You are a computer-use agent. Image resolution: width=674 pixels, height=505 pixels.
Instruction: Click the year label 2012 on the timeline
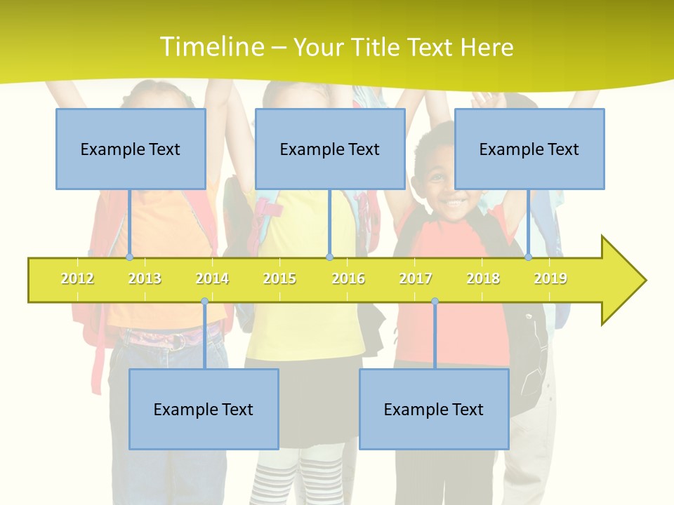tap(77, 278)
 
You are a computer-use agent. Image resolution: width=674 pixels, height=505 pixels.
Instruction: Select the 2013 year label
tap(145, 278)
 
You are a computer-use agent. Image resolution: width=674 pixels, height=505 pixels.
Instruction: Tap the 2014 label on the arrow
tap(212, 278)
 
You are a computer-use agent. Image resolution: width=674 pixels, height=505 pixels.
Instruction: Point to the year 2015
tap(279, 278)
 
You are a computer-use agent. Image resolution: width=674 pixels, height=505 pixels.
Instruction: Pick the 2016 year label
tap(348, 278)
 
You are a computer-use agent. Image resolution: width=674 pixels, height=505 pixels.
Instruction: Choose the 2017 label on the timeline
tap(416, 278)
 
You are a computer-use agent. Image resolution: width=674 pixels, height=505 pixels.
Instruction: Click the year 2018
tap(483, 278)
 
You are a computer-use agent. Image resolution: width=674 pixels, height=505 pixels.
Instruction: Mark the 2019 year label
tap(550, 278)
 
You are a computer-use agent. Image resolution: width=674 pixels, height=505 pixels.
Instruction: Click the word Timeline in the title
tap(211, 47)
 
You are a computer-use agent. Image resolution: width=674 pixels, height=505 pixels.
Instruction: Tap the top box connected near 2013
tap(131, 149)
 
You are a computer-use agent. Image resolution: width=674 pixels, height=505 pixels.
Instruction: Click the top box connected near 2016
tap(330, 149)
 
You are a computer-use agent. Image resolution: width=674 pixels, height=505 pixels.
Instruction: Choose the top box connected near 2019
tap(529, 149)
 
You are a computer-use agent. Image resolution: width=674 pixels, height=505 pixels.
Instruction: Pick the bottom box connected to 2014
tap(204, 409)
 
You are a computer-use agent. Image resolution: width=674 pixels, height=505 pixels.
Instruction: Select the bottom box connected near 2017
tap(434, 409)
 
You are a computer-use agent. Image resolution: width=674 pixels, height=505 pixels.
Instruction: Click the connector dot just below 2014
tap(204, 302)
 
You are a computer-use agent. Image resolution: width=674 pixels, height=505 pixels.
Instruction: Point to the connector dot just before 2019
tap(529, 257)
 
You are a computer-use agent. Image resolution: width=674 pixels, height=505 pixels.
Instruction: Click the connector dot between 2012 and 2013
tap(129, 257)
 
